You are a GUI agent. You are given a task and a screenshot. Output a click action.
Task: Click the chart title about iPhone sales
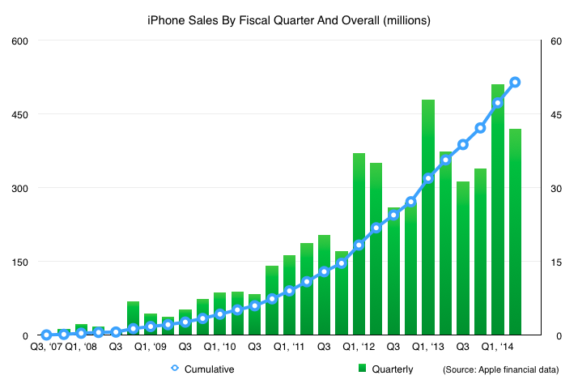tap(289, 17)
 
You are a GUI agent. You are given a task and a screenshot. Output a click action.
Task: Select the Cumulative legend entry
tap(203, 369)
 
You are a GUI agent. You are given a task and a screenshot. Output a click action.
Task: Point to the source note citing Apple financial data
tap(500, 369)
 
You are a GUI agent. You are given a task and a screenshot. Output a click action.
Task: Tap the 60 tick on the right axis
tap(558, 41)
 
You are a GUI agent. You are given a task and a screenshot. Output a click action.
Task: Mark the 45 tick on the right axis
tap(558, 114)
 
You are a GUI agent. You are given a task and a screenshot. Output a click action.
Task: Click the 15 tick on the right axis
tap(558, 262)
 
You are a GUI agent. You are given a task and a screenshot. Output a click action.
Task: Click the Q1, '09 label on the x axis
tap(151, 347)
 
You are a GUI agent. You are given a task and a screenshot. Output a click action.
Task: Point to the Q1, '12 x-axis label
tap(359, 347)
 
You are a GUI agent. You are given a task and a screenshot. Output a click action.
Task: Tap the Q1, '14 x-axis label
tap(497, 347)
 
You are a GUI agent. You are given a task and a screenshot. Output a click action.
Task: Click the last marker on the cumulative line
tap(515, 82)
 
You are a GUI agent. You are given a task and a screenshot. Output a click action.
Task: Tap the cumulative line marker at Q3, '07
tap(47, 334)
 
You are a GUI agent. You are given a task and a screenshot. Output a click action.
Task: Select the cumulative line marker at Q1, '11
tap(289, 290)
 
